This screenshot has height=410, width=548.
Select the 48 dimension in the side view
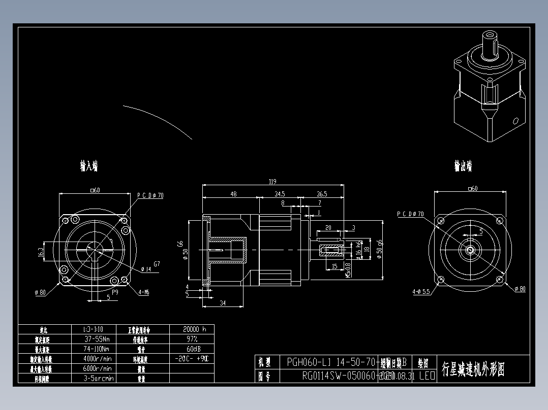(x=233, y=194)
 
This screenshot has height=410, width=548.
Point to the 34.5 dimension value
(x=280, y=194)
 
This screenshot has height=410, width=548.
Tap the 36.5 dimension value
(x=322, y=194)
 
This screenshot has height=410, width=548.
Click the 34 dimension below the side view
(x=223, y=303)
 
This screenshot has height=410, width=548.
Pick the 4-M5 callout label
(x=143, y=292)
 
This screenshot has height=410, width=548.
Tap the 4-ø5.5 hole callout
(x=421, y=292)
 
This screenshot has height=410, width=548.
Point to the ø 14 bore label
(x=145, y=269)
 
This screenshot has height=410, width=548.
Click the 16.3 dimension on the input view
(x=40, y=252)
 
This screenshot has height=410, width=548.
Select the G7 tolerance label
(x=157, y=263)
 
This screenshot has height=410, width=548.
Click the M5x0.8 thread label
(x=348, y=269)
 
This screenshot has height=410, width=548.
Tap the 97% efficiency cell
(x=191, y=338)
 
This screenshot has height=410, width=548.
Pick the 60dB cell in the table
(x=191, y=349)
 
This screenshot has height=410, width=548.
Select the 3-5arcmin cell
(x=99, y=378)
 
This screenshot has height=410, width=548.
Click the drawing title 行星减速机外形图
(x=473, y=369)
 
